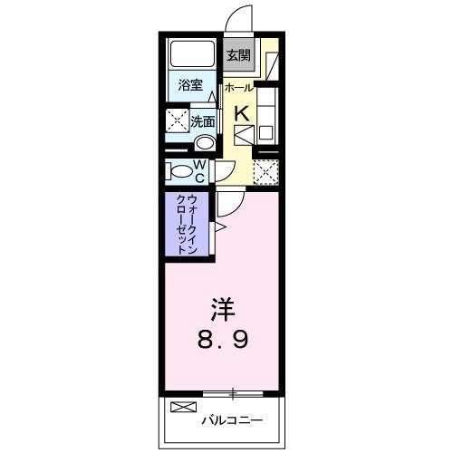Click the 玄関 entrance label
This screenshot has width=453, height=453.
point(238,55)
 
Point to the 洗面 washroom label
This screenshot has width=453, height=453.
point(201,120)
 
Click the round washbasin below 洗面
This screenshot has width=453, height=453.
point(205,142)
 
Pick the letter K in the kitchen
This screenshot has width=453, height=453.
point(242,113)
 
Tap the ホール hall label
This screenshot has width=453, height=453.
point(238,88)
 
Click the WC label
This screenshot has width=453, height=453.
point(200,169)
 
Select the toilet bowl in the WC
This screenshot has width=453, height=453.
point(178,169)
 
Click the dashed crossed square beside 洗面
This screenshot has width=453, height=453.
point(175,121)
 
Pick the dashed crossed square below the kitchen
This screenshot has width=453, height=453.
point(265,170)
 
